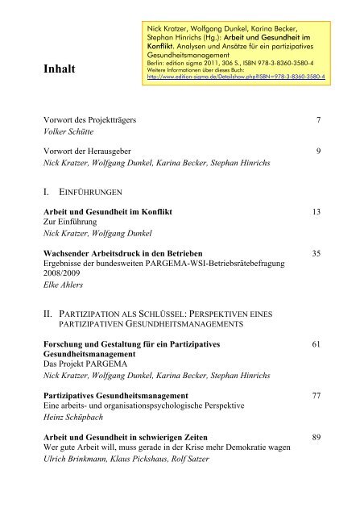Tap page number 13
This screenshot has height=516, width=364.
pos(316,211)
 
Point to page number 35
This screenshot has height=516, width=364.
pos(316,253)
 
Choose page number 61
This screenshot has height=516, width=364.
pos(316,344)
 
